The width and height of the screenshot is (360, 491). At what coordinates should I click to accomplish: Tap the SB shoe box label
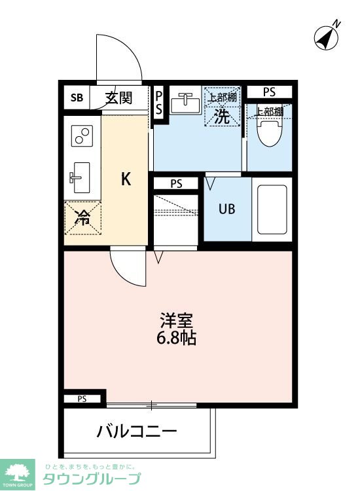coord(77,99)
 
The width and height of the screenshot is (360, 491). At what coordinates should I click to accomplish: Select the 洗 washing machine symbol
coord(222,118)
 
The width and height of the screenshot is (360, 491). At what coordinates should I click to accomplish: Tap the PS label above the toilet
coord(270,91)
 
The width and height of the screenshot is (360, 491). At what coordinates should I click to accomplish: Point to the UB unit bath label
coord(226,209)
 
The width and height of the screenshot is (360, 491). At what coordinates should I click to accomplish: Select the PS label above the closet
coord(175,184)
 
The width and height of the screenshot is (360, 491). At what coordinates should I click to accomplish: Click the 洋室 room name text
coord(177,321)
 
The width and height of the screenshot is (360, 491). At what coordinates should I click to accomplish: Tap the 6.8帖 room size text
coord(177,338)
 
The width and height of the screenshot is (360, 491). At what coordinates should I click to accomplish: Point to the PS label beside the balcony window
coord(82,399)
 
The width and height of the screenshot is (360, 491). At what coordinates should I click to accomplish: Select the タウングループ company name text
coord(92,478)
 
